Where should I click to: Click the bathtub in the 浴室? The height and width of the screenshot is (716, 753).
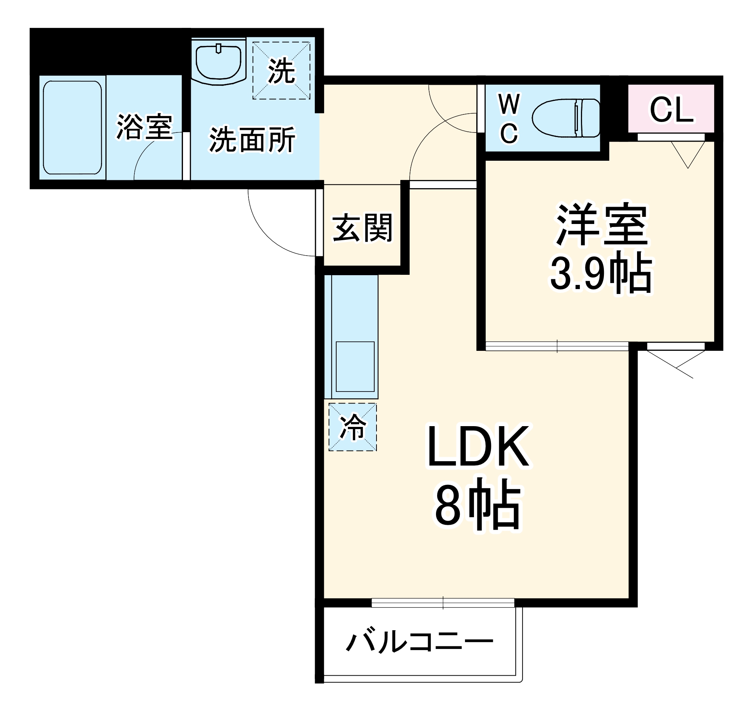coord(72,128)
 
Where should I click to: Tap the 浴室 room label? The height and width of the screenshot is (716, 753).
coord(144,127)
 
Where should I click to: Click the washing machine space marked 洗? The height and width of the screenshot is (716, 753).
coord(281,71)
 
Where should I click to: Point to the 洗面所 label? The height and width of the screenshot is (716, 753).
coord(252,140)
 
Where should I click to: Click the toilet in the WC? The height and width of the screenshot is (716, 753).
coord(566,117)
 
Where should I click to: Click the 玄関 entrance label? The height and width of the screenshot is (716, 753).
coord(362,228)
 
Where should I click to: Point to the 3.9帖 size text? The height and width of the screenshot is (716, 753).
coord(601,273)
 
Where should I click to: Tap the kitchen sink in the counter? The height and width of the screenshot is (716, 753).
coord(355,366)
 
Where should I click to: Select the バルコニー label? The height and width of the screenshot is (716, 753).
coord(419,641)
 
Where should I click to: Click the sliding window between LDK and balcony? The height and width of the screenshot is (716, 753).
coord(443,603)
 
